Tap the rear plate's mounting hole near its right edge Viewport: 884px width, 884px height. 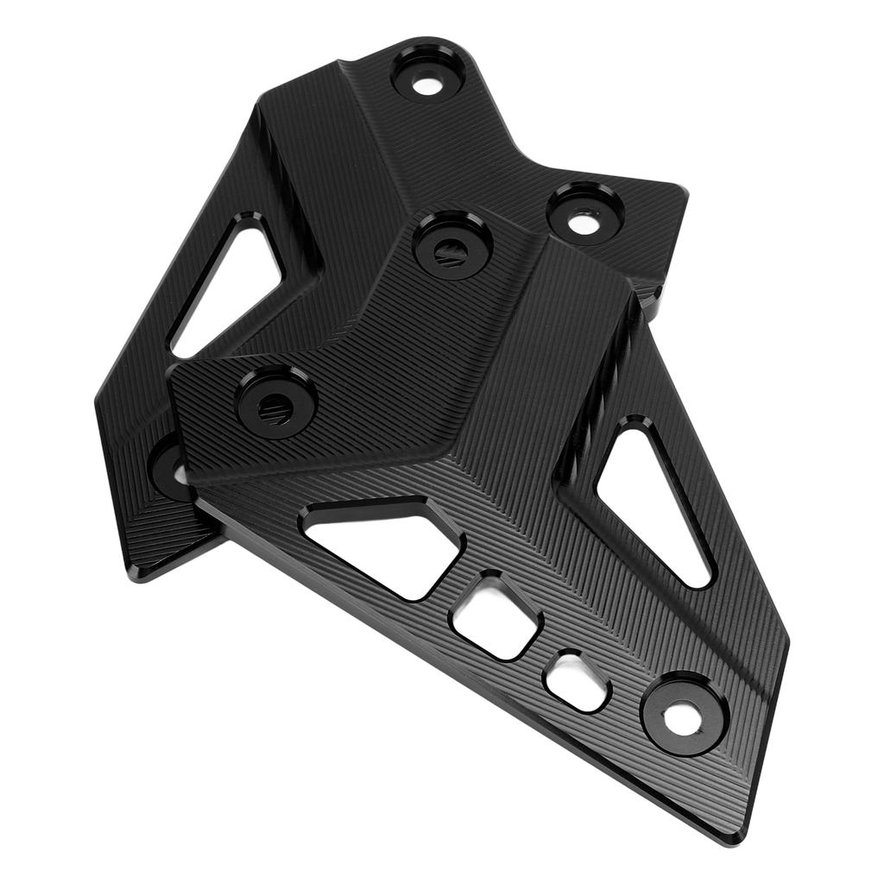pyautogui.click(x=578, y=222)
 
